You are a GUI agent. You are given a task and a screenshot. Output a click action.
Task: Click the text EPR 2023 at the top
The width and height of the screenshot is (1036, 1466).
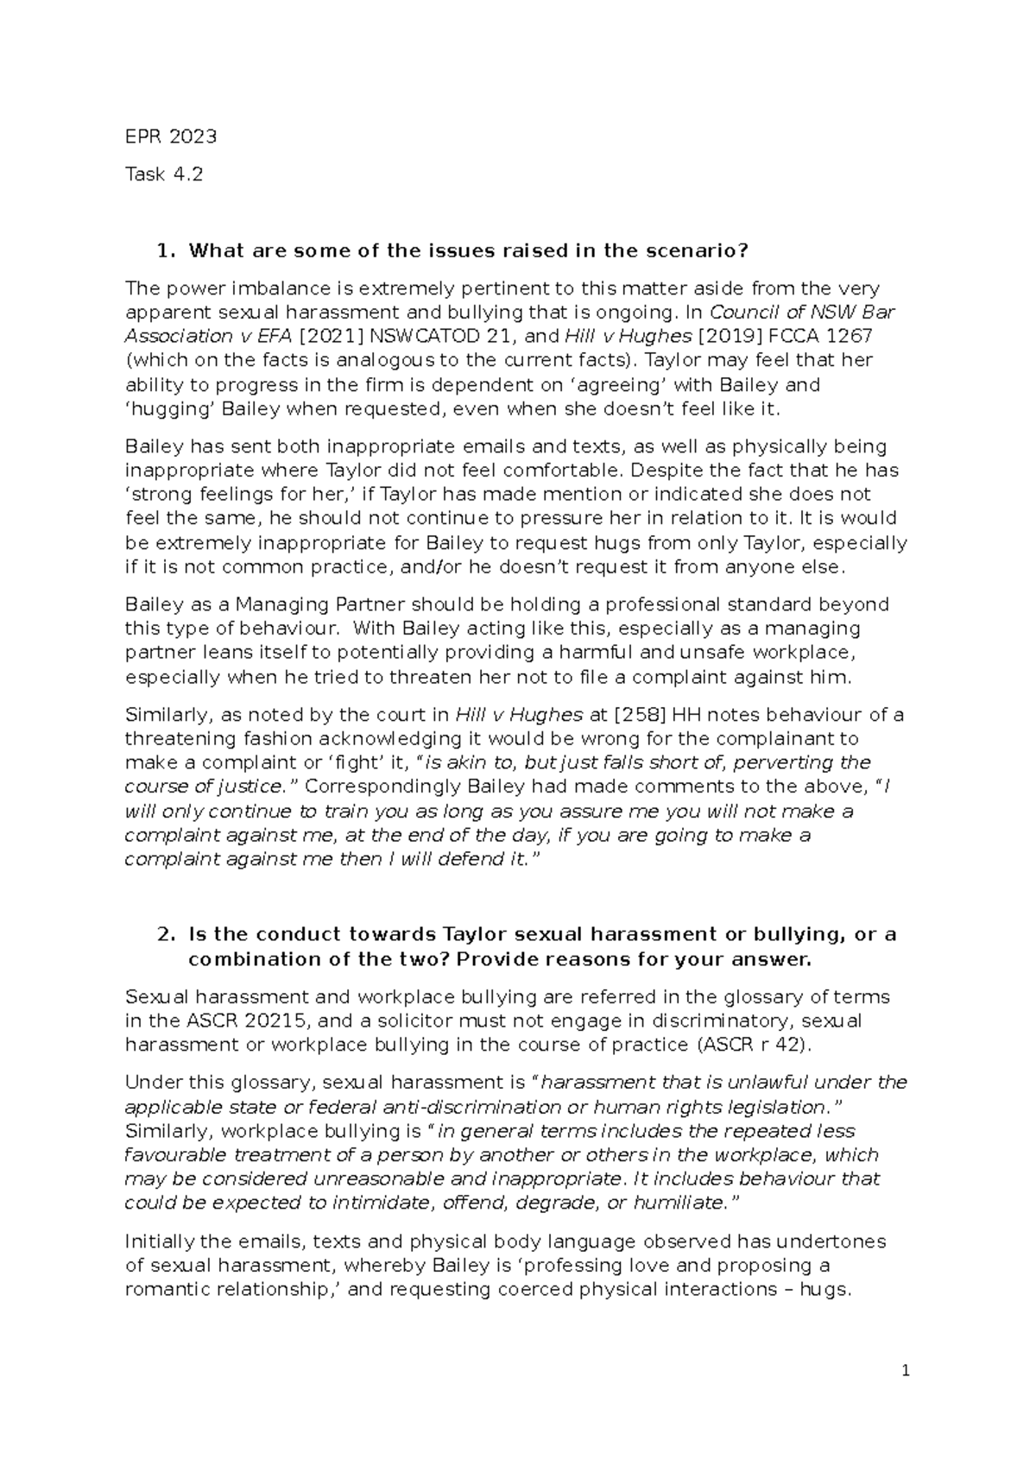coord(170,136)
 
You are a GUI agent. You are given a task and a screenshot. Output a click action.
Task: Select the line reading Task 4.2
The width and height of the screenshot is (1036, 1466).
coord(164,174)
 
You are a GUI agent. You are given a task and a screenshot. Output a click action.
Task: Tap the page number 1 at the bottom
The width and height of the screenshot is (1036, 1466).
coord(906,1370)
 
